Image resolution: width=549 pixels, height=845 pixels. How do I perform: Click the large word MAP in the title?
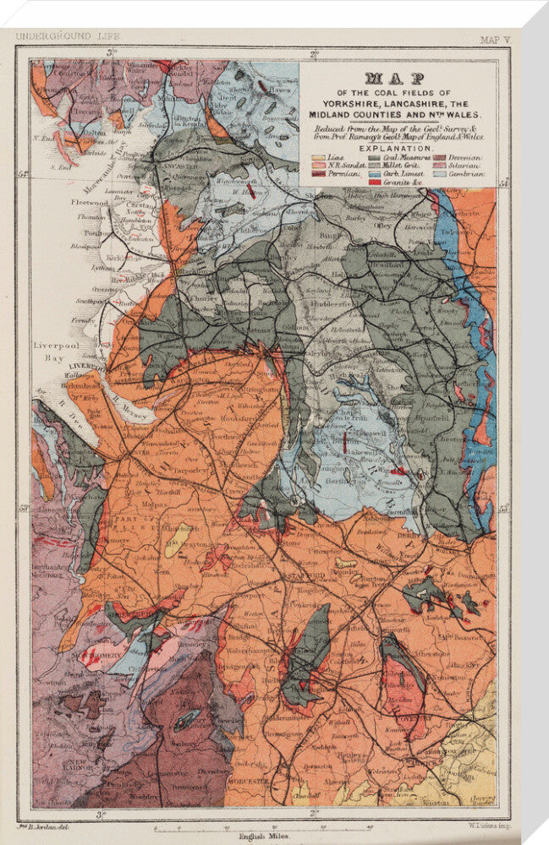pos(404,79)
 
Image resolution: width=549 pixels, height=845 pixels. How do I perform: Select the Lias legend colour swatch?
pos(319,157)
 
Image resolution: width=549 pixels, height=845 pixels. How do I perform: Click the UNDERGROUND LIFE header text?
pos(68,36)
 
